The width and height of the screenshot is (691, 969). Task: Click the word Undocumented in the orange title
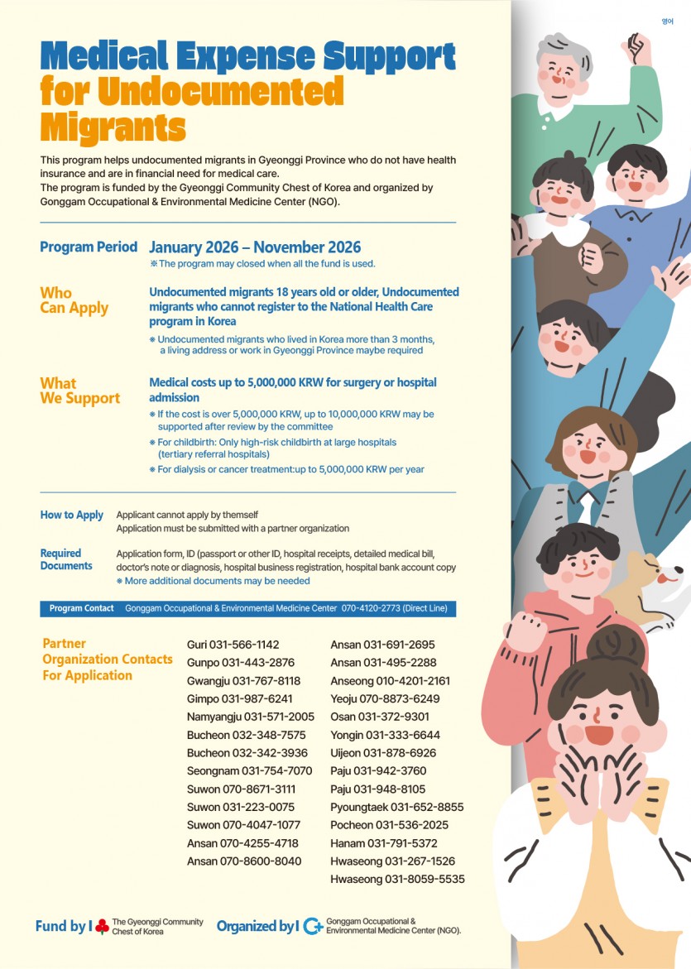pyautogui.click(x=220, y=90)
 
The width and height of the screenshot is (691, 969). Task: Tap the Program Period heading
pyautogui.click(x=89, y=247)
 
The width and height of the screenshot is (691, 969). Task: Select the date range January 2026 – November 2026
pyautogui.click(x=255, y=247)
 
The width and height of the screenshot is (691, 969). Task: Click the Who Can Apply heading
pyautogui.click(x=74, y=300)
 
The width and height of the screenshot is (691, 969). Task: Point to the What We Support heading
pyautogui.click(x=79, y=391)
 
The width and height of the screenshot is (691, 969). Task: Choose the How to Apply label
pyautogui.click(x=72, y=515)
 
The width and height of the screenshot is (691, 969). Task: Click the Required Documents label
pyautogui.click(x=66, y=559)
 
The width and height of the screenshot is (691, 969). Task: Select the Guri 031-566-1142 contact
pyautogui.click(x=233, y=645)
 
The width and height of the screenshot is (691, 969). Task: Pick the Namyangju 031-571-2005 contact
pyautogui.click(x=251, y=717)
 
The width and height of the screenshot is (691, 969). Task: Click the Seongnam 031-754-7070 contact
pyautogui.click(x=249, y=770)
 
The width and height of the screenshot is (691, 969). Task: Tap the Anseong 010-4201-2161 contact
pyautogui.click(x=390, y=681)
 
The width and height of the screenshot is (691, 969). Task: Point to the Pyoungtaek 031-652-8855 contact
pyautogui.click(x=396, y=807)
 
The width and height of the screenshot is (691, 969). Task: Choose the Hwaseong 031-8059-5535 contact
pyautogui.click(x=397, y=879)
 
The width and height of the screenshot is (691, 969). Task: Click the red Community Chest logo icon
pyautogui.click(x=102, y=926)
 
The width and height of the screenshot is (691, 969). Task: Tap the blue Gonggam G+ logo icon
pyautogui.click(x=313, y=926)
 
